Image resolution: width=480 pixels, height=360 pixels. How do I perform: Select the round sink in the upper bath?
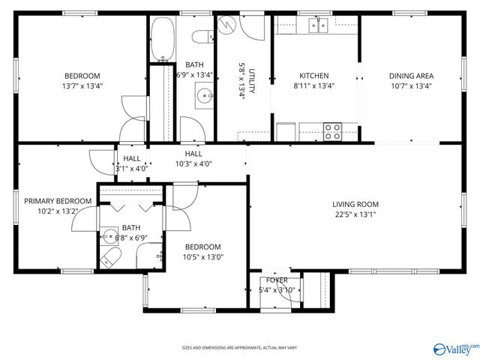tap(202, 95)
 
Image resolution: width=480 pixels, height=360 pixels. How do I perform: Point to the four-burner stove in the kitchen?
tap(332, 131)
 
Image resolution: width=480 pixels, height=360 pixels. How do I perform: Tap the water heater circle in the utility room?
tap(229, 28)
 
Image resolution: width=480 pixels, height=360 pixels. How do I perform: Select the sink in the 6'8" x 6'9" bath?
tap(109, 238)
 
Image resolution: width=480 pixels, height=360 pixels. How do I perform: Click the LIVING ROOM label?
tap(355, 204)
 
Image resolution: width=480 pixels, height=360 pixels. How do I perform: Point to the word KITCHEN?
tap(314, 76)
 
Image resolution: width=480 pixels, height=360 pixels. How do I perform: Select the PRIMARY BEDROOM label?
tap(58, 201)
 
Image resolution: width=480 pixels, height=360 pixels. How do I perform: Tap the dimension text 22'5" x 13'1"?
tap(355, 214)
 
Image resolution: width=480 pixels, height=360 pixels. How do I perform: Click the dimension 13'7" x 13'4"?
tap(82, 85)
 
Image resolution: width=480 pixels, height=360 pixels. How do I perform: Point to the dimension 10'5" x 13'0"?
tap(203, 257)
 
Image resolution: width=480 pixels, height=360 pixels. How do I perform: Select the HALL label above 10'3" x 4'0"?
tap(193, 154)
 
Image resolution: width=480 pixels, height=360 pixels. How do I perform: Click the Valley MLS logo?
tap(454, 347)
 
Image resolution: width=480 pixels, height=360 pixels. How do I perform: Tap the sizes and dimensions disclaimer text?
tap(240, 348)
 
